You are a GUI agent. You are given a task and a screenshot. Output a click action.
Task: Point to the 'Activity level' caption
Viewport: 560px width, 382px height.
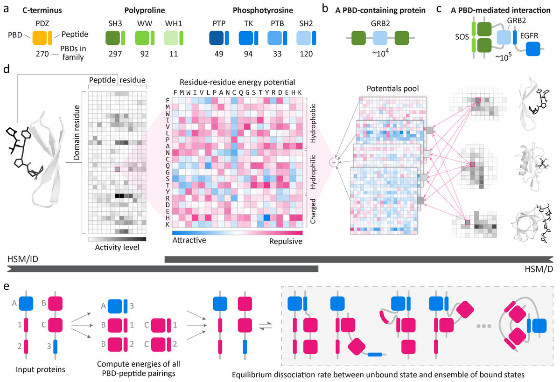pos(117,247)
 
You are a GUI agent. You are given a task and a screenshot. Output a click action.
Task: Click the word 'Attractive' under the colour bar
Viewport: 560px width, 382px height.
pos(189,241)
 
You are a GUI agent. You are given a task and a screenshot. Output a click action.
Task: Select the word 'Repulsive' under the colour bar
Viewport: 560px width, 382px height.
pos(286,241)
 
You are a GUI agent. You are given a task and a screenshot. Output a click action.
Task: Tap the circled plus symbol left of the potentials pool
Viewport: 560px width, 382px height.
pos(334,162)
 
